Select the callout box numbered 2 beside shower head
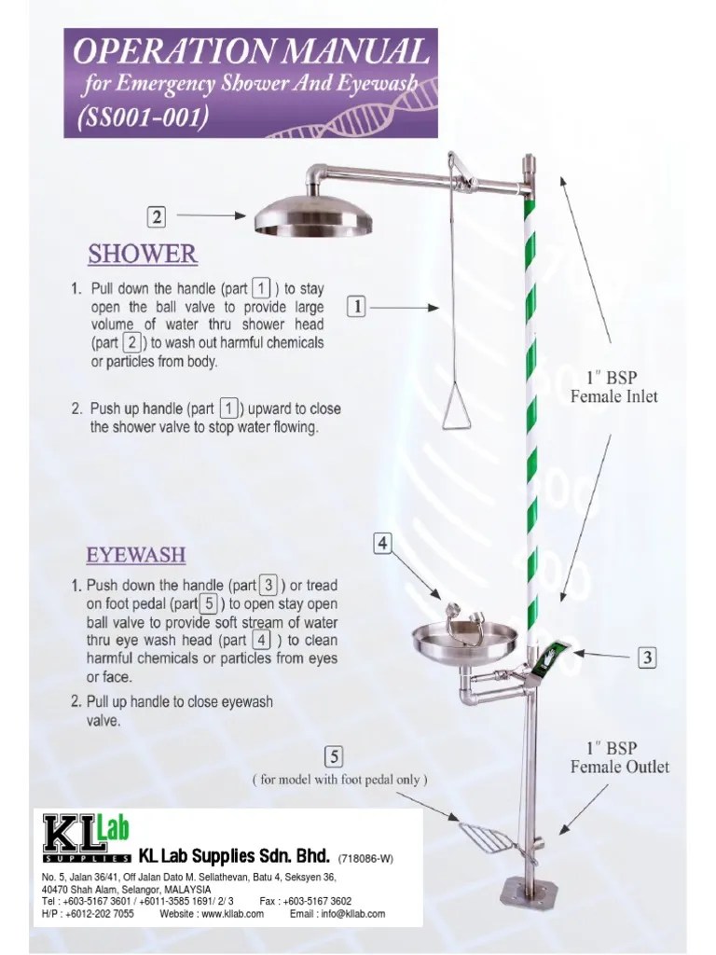(158, 216)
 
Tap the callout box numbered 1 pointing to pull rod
(356, 305)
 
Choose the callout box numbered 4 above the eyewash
(382, 542)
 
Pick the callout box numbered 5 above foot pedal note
(335, 755)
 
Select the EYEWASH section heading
(136, 555)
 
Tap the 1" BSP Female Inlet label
(613, 387)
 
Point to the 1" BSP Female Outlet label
(619, 757)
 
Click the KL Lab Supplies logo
(87, 837)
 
